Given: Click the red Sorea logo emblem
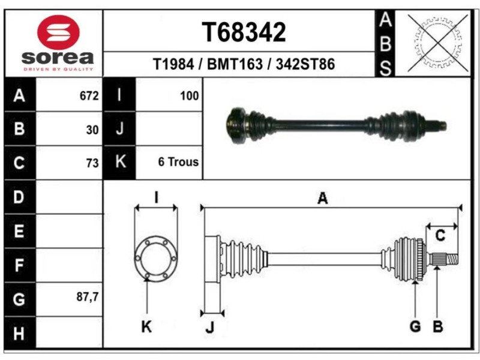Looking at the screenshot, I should click(58, 31).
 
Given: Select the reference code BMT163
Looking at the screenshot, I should click(235, 64).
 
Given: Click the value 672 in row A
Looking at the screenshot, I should click(89, 95).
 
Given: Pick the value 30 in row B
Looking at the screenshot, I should click(92, 128).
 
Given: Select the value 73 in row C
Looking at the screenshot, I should click(92, 162).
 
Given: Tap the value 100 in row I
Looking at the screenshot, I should click(189, 95).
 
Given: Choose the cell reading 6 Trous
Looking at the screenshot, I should click(178, 162).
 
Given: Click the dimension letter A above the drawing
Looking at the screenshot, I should click(323, 199).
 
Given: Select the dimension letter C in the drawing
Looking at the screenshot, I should click(440, 236).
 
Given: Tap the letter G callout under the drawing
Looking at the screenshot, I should click(415, 326).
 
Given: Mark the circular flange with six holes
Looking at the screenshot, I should click(155, 259).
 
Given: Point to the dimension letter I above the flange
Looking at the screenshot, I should click(155, 197).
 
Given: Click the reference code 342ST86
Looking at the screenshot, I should click(305, 64).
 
